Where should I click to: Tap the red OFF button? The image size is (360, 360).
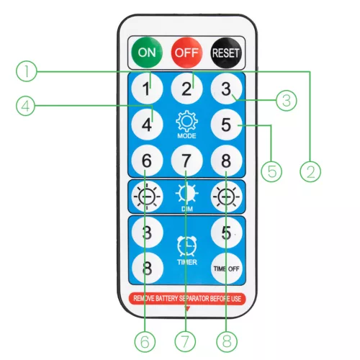186,53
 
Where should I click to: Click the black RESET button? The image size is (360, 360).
226,53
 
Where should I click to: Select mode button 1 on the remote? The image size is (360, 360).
147,89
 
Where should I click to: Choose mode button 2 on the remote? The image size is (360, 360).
186,89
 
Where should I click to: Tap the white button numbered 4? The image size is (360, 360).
147,125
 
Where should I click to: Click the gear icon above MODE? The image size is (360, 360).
186,121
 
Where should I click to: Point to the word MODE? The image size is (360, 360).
186,136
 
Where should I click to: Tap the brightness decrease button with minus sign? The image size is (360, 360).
147,197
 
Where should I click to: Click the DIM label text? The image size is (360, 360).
187,209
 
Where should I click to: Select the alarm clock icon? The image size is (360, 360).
186,246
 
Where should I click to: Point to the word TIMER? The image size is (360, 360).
187,262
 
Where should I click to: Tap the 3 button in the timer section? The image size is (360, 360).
147,233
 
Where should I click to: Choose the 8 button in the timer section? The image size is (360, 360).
148,268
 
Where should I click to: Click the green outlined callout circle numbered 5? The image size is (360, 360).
271,171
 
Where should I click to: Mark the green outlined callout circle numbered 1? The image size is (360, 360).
27,71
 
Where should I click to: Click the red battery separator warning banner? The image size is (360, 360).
187,299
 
